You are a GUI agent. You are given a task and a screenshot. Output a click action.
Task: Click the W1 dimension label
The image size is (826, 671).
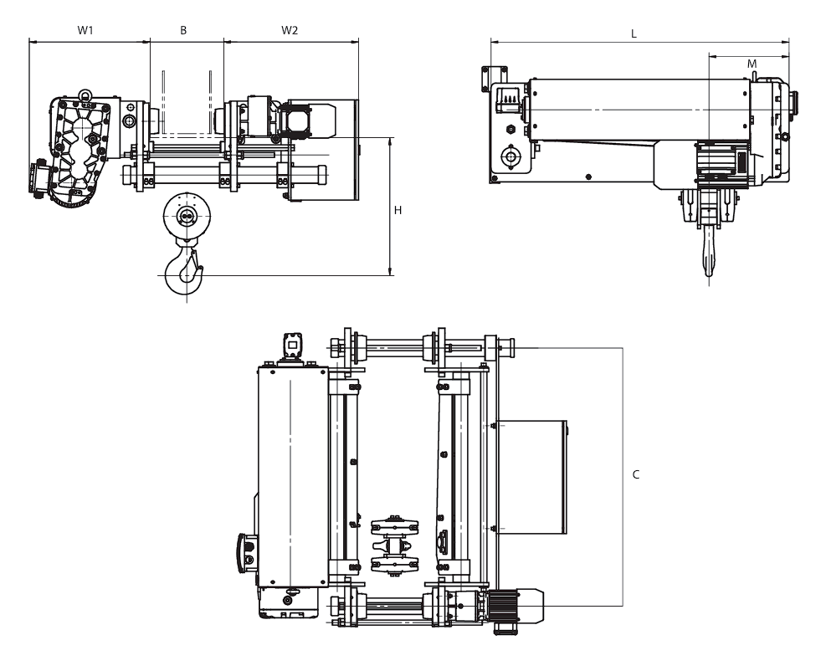coord(85,30)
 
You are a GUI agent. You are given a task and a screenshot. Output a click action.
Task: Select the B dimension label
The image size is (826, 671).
coord(183,30)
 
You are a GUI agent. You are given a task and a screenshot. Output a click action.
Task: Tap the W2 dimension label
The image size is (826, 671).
coord(290,30)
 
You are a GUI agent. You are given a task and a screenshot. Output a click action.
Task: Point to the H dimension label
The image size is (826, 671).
coord(398,210)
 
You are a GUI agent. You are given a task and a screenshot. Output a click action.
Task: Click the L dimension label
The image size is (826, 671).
coord(634,34)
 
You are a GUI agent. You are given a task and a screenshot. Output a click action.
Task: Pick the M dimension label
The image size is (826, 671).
coord(752,64)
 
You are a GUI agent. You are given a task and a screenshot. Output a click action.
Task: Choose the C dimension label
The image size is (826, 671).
coord(636,474)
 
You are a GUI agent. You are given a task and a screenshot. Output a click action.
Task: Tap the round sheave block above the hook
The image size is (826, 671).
coord(187,215)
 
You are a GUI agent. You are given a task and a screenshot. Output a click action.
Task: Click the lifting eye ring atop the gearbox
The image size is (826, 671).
coord(85,95)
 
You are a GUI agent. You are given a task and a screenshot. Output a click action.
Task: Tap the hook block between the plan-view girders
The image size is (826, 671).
coord(393,544)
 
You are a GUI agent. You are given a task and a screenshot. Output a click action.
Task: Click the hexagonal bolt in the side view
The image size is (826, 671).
coord(510,130)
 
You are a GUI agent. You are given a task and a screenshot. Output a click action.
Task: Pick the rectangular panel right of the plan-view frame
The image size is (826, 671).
coord(531,477)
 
